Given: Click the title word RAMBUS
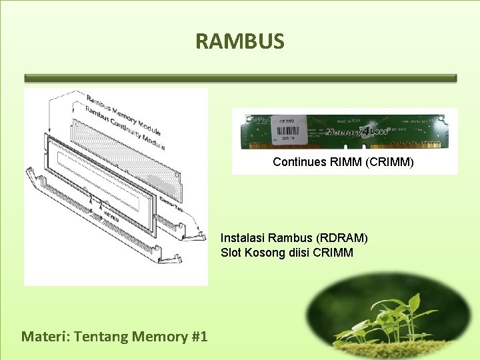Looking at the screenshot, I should point(240,41).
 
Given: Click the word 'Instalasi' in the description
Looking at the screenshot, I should point(243,237).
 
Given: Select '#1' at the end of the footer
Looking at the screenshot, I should point(199,336).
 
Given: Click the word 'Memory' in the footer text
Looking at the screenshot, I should point(159,336).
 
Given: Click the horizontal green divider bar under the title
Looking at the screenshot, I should point(240,78).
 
